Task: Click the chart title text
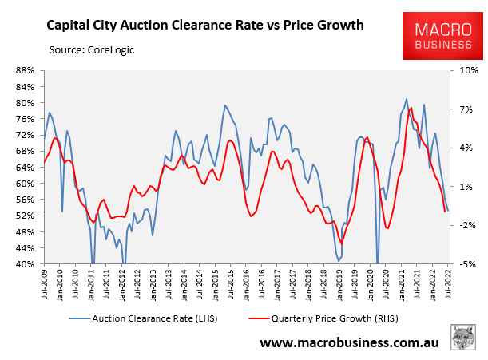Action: pos(206,24)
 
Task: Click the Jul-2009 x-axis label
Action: pos(45,284)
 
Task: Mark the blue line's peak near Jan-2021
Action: pos(407,100)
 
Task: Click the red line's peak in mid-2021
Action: pos(411,108)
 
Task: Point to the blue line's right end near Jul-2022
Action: pos(448,211)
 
